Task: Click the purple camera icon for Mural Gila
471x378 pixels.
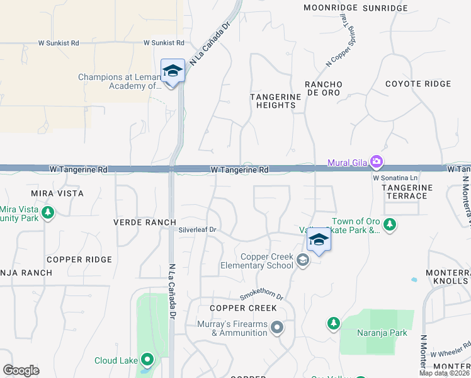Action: coord(377,163)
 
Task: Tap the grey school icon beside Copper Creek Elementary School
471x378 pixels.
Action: coord(304,260)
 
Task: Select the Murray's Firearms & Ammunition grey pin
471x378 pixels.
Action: coord(276,328)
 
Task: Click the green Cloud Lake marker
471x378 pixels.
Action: coord(148,360)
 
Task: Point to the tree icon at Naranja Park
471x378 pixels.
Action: coord(332,324)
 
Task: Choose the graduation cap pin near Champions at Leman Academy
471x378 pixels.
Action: coord(172,71)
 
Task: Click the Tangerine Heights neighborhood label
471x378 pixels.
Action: coord(273,101)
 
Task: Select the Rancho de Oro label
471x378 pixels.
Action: coord(323,88)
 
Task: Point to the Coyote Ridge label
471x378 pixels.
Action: coord(418,84)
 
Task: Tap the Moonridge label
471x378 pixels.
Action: coord(331,8)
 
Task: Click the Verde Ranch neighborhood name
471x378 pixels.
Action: coord(135,222)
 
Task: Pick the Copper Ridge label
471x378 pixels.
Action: coord(79,260)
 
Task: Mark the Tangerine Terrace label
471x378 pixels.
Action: coord(407,192)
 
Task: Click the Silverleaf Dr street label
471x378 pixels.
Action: coord(197,231)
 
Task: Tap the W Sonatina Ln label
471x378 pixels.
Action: coord(395,178)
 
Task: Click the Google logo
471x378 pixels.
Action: coord(21,370)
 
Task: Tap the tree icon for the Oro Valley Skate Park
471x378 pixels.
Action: coord(390,225)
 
